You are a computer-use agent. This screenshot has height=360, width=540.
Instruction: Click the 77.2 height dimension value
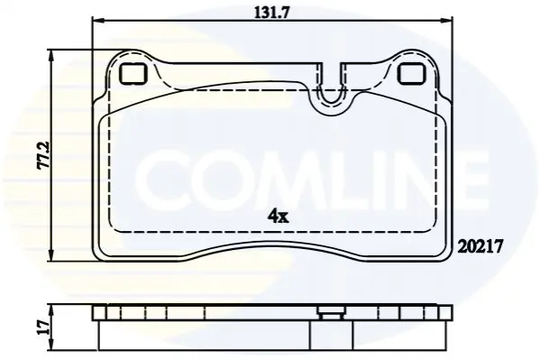[44, 155]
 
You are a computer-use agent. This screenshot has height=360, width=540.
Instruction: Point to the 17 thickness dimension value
[44, 328]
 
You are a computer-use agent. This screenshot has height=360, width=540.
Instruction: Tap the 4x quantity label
[279, 217]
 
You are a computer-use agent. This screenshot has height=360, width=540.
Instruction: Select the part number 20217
[481, 246]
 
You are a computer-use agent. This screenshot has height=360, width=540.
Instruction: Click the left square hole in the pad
[133, 75]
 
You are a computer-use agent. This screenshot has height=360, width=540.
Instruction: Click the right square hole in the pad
[412, 75]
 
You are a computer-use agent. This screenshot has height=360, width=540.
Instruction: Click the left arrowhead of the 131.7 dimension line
[96, 21]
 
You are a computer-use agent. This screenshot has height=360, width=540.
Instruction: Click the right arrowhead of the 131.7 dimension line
[446, 21]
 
